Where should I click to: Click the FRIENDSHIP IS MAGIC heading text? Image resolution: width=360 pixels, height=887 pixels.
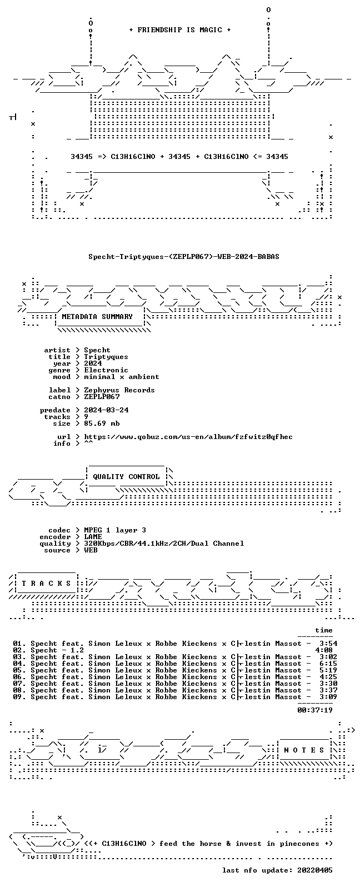(x=180, y=29)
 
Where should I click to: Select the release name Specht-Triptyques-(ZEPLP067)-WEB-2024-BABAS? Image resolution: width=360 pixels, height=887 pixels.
(x=184, y=257)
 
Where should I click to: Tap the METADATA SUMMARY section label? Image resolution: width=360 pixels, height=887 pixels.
(x=97, y=316)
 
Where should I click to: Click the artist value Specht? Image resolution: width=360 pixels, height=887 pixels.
(x=97, y=350)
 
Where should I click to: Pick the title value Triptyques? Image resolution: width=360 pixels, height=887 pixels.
(x=106, y=357)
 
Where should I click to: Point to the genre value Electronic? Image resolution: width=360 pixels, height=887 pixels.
(x=106, y=370)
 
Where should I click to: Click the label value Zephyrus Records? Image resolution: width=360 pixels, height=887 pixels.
(x=119, y=390)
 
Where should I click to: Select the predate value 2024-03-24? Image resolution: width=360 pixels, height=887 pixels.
(x=106, y=410)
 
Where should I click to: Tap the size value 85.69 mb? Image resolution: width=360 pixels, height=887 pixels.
(x=102, y=423)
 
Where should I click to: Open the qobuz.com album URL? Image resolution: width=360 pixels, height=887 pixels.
(x=188, y=437)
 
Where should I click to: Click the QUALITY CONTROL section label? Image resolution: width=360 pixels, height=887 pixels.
(x=126, y=477)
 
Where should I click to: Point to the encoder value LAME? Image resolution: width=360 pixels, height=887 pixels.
(x=93, y=537)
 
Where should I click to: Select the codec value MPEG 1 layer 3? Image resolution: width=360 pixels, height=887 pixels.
(x=115, y=530)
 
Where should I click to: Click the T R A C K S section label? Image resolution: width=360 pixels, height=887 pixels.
(x=46, y=584)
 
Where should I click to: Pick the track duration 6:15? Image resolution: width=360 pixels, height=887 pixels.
(x=328, y=664)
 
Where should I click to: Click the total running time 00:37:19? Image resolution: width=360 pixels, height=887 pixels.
(x=315, y=710)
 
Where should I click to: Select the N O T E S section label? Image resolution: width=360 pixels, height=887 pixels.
(x=304, y=750)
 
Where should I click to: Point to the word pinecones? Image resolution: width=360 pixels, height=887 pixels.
(x=299, y=844)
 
